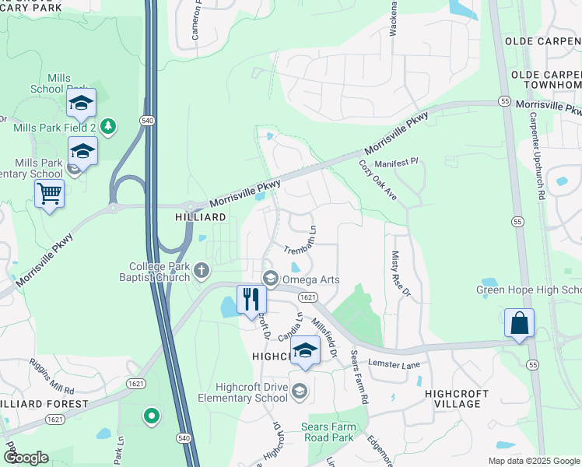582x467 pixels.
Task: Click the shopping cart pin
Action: pos(50,193)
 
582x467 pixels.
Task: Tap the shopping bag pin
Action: pos(519,323)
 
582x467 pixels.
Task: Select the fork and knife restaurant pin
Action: pos(251,300)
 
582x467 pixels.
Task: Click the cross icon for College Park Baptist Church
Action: pos(202,271)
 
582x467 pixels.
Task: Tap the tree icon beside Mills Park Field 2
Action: pos(109,125)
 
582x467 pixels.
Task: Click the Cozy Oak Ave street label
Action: pos(378,181)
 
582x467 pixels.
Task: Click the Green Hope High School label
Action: pos(529,291)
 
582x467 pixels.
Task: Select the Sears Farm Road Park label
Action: pos(338,432)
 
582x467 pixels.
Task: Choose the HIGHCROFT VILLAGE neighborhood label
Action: pos(453,399)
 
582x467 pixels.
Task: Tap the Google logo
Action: pos(26,458)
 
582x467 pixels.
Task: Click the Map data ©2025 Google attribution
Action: pos(533,461)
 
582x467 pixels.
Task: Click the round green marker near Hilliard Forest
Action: pos(152,416)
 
